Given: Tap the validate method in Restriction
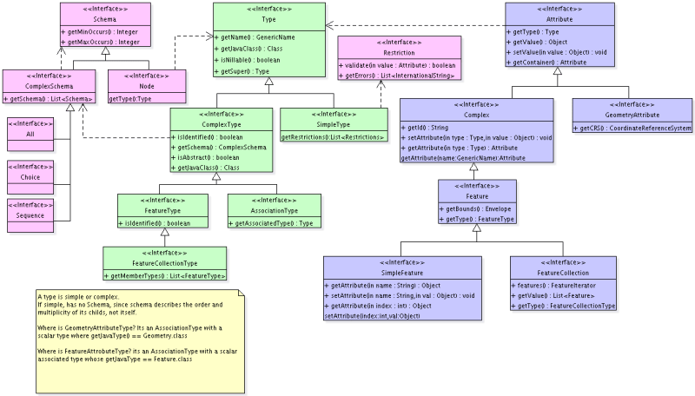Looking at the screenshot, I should click(396, 65).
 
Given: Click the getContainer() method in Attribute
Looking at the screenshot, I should click(549, 63).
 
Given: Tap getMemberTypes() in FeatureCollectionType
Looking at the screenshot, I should click(166, 276).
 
